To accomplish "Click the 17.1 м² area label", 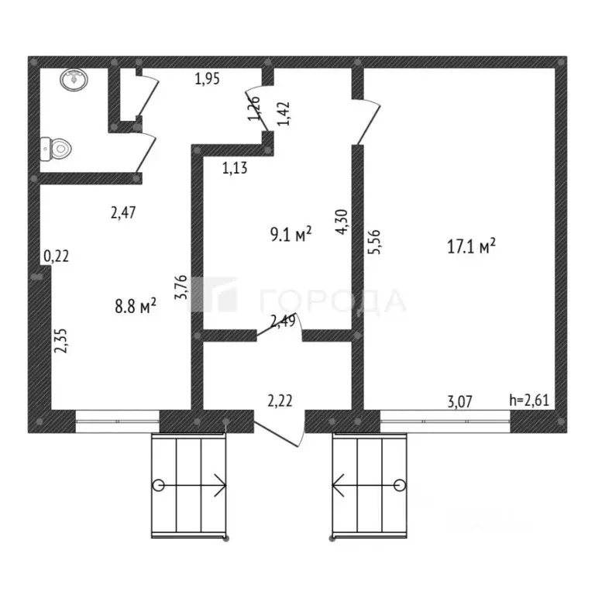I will [471, 247].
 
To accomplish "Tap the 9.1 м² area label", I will [291, 234].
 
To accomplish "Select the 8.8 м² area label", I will [135, 307].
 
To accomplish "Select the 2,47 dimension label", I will [124, 215].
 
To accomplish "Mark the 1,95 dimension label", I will [207, 77].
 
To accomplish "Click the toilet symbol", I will [56, 147].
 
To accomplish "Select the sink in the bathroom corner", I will [74, 78].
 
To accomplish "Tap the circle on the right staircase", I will [400, 486].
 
